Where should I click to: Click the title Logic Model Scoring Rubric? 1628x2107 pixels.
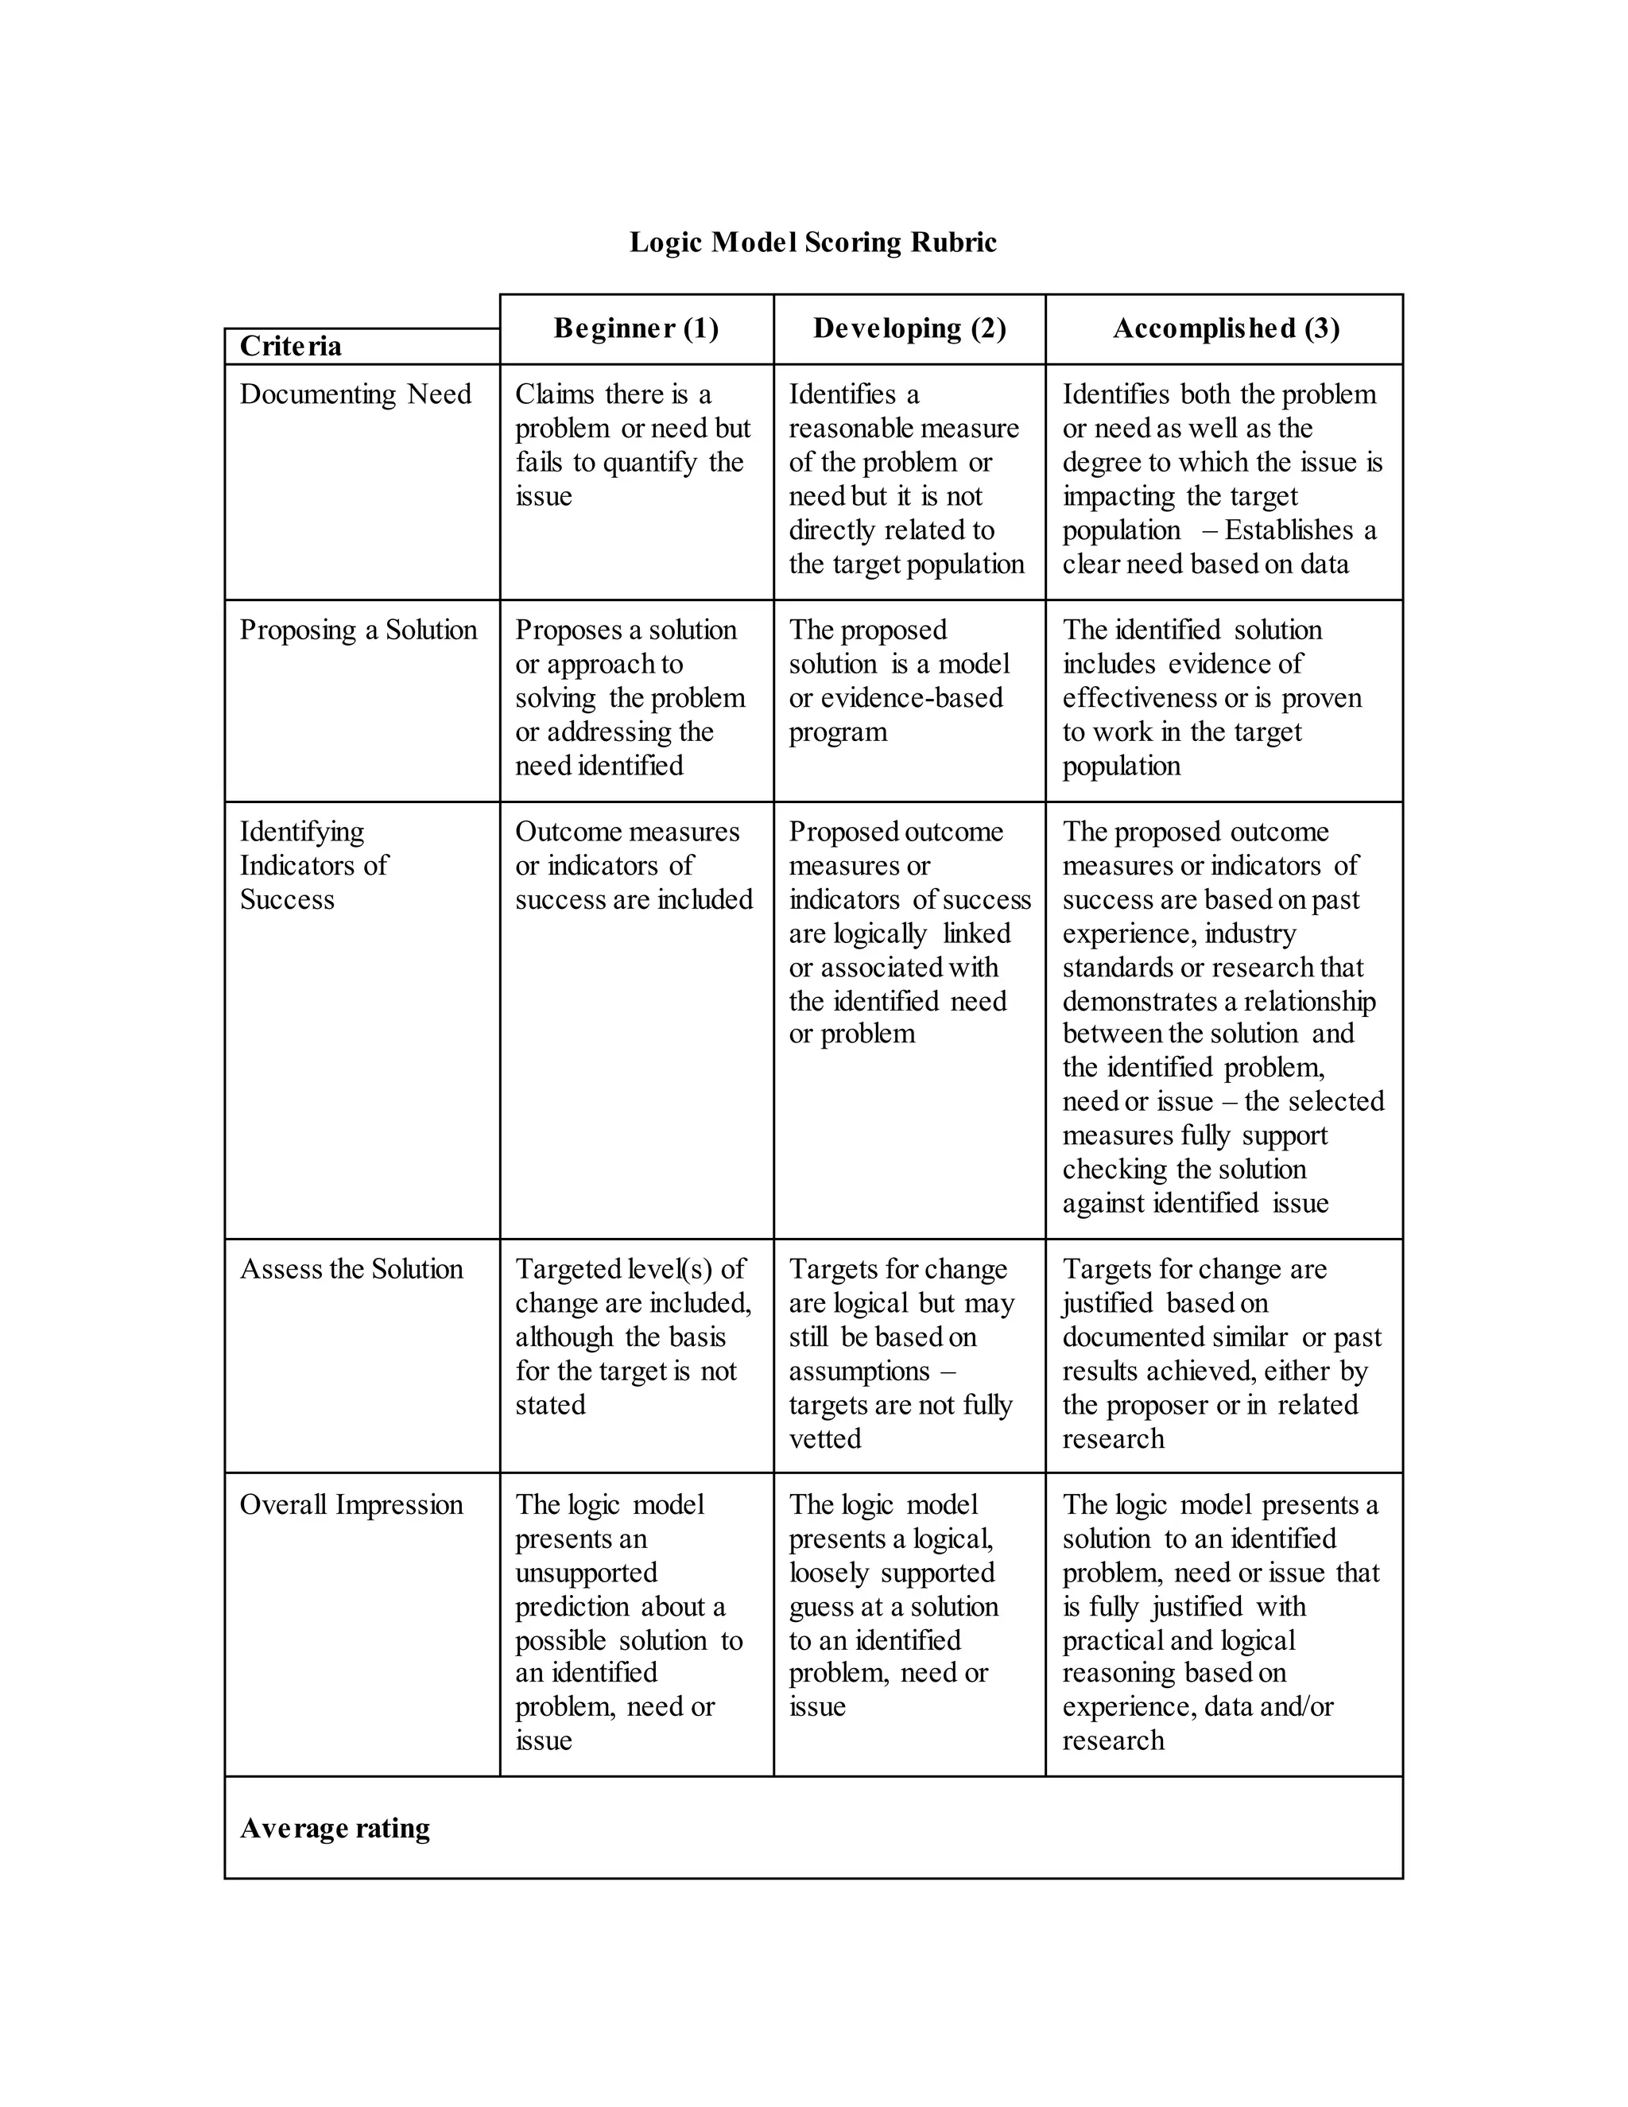click(812, 243)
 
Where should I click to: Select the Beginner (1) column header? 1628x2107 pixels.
click(636, 329)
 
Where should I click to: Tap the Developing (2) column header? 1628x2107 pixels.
click(909, 329)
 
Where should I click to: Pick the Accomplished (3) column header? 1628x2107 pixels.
click(1225, 329)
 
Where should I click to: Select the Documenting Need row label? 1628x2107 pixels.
click(355, 394)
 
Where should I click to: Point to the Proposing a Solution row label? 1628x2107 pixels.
click(358, 630)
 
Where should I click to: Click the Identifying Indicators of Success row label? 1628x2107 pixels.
click(313, 865)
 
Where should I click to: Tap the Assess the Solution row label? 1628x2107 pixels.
click(351, 1269)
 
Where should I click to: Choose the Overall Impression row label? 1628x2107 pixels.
click(351, 1504)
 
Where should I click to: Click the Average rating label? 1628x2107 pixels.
click(335, 1827)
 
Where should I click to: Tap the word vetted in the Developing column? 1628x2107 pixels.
click(824, 1438)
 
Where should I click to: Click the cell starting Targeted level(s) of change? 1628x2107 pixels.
click(633, 1337)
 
